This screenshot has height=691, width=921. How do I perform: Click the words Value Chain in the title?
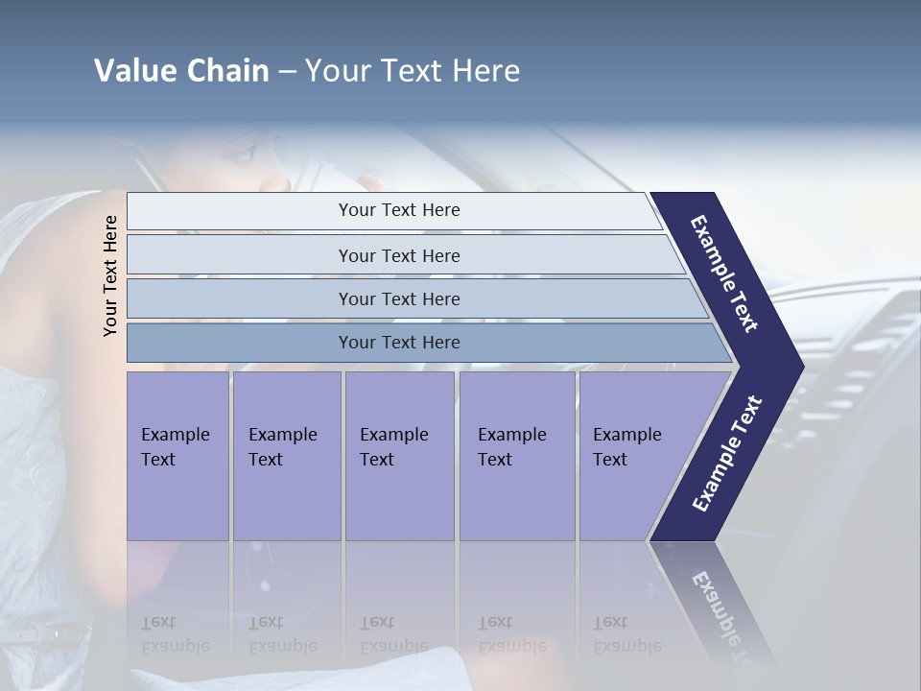click(181, 71)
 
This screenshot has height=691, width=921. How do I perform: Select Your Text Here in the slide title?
click(413, 71)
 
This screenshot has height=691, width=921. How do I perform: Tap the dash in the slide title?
click(287, 72)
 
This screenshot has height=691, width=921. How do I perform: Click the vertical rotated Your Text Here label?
click(110, 275)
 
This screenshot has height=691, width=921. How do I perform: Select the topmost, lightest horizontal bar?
click(398, 210)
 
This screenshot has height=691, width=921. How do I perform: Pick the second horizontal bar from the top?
click(398, 255)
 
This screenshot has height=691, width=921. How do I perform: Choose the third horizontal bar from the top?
click(398, 298)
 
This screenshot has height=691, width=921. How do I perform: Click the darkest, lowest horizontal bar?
click(398, 343)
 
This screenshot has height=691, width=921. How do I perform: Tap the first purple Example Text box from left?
click(177, 456)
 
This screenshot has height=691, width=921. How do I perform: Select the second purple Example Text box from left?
click(286, 456)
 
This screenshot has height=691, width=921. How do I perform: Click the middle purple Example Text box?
click(398, 456)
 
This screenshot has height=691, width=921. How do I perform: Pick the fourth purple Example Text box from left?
click(516, 456)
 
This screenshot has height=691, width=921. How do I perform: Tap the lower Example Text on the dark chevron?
click(727, 453)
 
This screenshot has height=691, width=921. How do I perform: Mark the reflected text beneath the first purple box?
click(175, 634)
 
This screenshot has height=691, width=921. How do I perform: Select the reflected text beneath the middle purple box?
click(393, 634)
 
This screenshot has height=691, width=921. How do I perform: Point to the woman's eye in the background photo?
click(245, 152)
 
